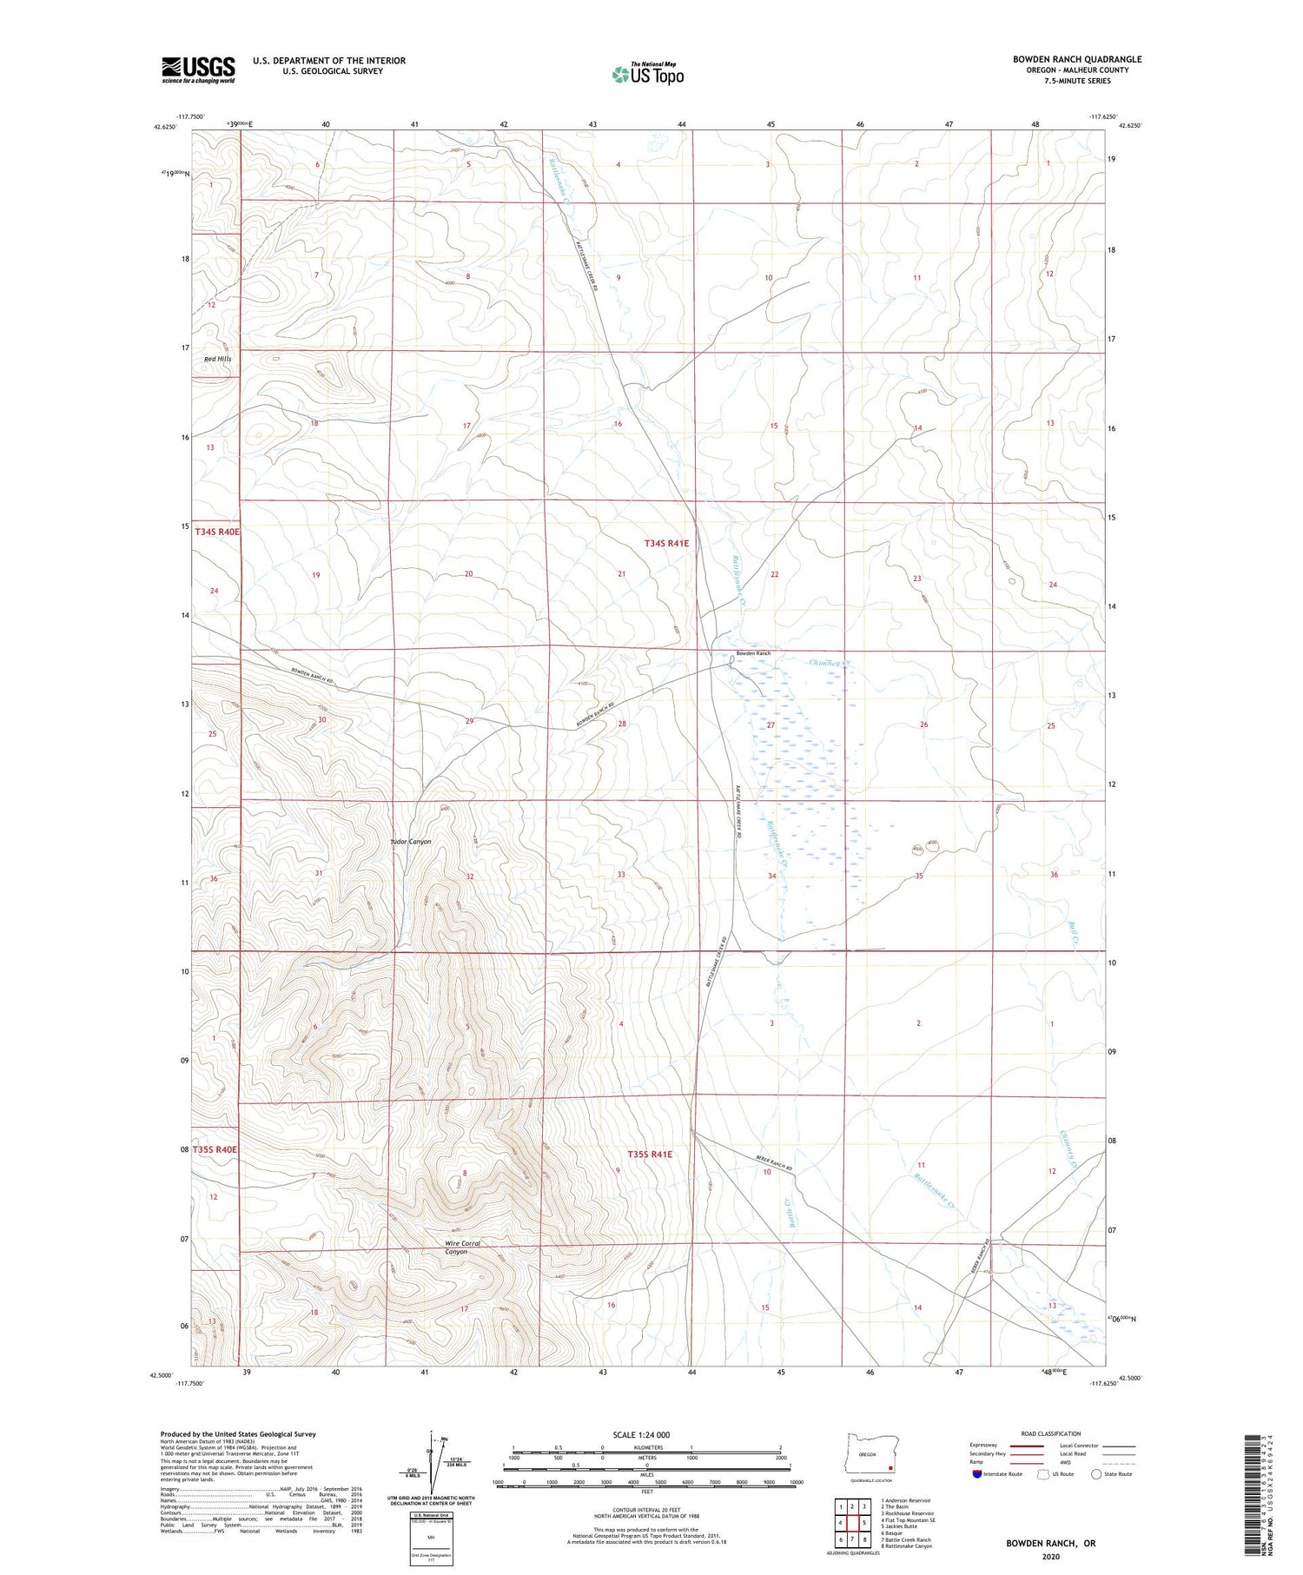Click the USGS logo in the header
tap(198, 69)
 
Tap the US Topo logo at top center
tap(647, 75)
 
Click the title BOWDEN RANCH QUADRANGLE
tap(1077, 59)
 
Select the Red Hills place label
tap(217, 359)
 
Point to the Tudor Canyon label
tap(410, 842)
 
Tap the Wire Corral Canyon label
tap(462, 1247)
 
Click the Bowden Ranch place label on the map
tap(753, 653)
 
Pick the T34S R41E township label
tap(666, 543)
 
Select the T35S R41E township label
tap(650, 1155)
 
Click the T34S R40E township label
tap(216, 531)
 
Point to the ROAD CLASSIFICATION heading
tap(1051, 1433)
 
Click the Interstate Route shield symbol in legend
tap(977, 1473)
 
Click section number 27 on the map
tap(770, 725)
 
